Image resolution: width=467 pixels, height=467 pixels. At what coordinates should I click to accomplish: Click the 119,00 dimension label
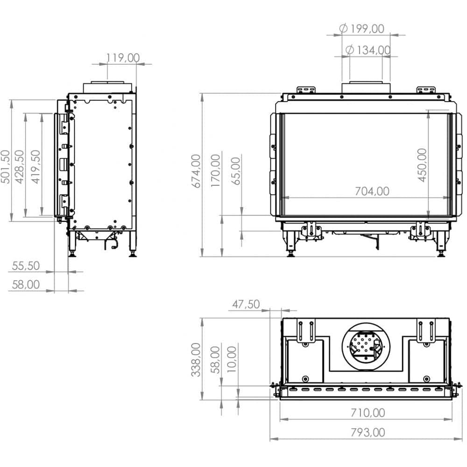(123, 58)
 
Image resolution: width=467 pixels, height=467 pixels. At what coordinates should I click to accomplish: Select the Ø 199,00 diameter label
(362, 28)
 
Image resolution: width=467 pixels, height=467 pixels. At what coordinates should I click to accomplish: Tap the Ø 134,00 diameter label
(368, 50)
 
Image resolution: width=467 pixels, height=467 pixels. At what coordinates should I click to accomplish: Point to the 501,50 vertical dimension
(6, 166)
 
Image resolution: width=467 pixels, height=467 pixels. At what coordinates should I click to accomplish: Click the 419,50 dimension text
(36, 166)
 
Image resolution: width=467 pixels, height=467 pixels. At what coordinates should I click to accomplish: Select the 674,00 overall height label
(196, 171)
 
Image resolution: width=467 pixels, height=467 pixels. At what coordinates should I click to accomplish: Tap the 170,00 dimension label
(216, 171)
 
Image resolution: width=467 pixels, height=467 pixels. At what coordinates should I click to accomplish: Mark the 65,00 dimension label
(236, 171)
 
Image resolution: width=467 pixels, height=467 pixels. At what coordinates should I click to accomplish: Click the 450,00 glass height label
(422, 165)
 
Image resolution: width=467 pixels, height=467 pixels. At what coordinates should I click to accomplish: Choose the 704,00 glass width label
(372, 191)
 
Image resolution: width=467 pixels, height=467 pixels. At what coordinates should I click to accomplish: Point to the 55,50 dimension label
(26, 266)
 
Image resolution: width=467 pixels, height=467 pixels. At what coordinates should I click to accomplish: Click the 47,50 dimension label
(246, 304)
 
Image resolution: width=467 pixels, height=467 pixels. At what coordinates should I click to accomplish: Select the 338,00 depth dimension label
(196, 360)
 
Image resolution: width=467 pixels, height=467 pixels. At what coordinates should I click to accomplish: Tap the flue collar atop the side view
(107, 87)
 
